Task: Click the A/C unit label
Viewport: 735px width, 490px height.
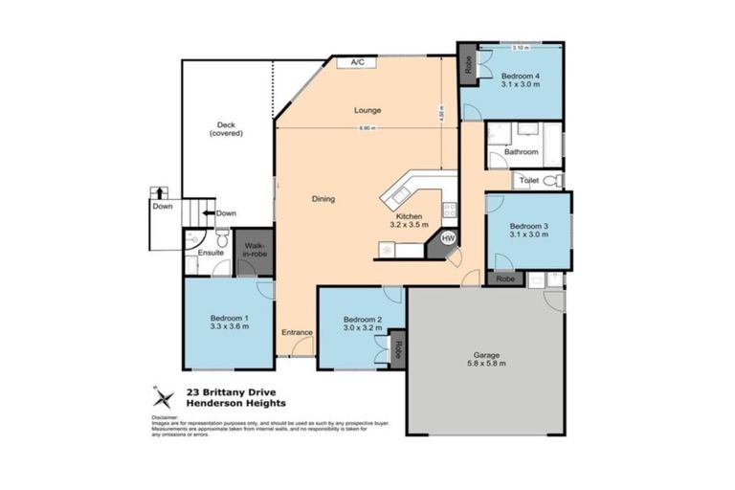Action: [357, 62]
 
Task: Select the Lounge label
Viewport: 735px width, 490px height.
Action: [367, 110]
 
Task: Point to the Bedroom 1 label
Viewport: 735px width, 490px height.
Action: [230, 321]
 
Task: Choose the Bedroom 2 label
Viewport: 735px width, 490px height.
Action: [363, 323]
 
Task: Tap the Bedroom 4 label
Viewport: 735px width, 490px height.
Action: [521, 79]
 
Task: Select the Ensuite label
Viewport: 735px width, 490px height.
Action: [211, 253]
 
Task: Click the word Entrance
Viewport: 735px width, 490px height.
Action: [297, 332]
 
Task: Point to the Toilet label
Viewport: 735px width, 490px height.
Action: [527, 180]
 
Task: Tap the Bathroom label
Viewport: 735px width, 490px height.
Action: [522, 151]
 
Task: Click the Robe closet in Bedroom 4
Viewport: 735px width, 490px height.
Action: [468, 65]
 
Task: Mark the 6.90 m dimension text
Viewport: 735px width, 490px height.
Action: [367, 128]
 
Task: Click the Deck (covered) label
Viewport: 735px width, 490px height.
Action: [226, 128]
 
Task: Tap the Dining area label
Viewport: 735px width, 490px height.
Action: [323, 199]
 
